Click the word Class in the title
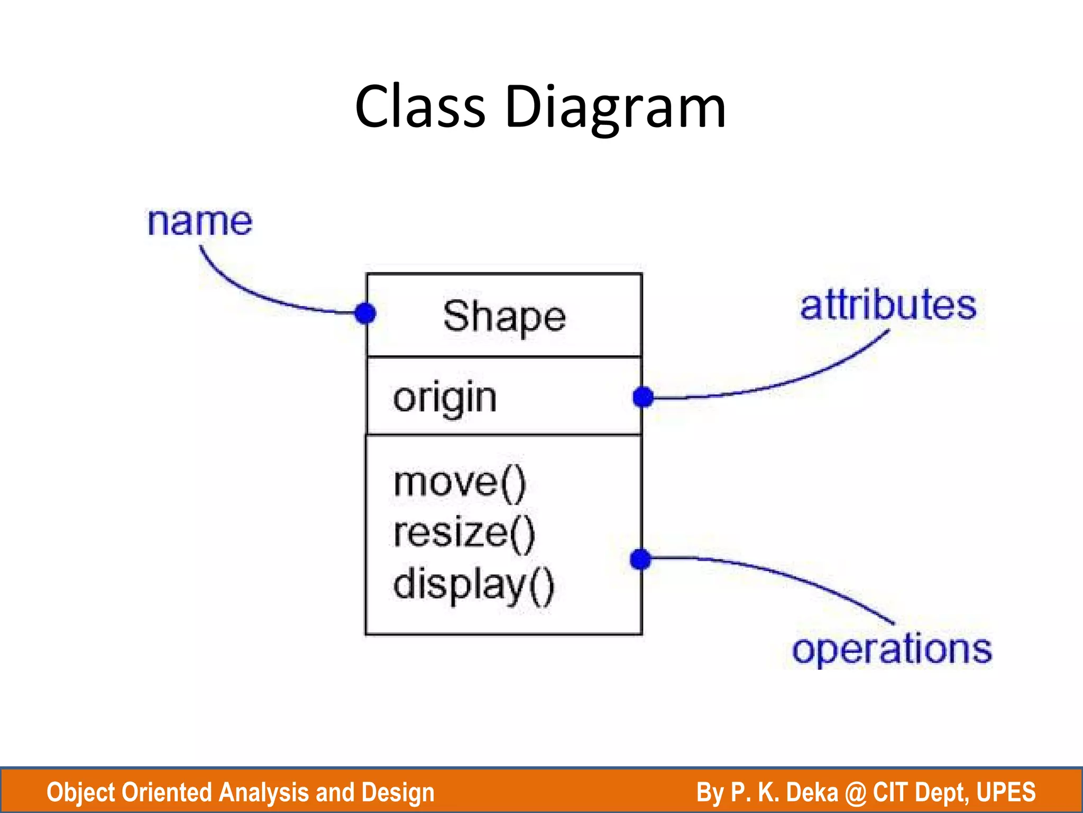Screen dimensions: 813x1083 coord(420,107)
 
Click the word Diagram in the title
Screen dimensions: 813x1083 coord(615,109)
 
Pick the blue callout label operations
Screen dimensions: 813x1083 coord(892,649)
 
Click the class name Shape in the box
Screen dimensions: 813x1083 coord(504,317)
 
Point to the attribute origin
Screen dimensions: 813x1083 coord(445,399)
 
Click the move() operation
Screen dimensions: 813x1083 coord(460,483)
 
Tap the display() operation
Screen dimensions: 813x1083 coord(473,584)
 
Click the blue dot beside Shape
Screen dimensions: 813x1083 coord(365,313)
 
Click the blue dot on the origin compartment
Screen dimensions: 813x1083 coord(643,397)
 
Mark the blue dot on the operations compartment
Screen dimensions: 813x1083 coord(640,559)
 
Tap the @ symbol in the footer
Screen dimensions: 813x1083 coord(855,792)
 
